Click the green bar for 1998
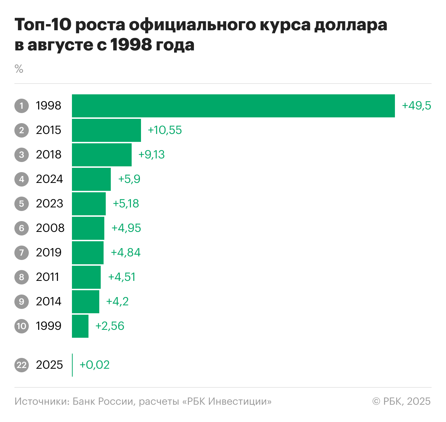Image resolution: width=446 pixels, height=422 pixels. [x=233, y=106]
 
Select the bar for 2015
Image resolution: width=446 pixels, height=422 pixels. [x=106, y=130]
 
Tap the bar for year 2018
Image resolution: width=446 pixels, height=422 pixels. [x=102, y=155]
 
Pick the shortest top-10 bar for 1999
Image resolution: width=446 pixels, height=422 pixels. [x=80, y=326]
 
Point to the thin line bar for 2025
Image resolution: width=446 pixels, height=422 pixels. [x=72, y=365]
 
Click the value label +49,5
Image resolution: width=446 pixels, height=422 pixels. [x=416, y=106]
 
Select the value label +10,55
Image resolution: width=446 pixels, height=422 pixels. [x=165, y=130]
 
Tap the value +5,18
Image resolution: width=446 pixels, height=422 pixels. [x=126, y=204]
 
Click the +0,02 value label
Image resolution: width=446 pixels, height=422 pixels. [x=94, y=365]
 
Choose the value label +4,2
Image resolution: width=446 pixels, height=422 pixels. [x=117, y=302]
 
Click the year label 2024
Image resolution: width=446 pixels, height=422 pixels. [x=49, y=179]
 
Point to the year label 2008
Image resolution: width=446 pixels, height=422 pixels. [x=50, y=228]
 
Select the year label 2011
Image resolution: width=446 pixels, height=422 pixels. [x=47, y=277]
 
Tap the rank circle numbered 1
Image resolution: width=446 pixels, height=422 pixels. [x=22, y=106]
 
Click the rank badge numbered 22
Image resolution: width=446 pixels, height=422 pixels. [x=22, y=365]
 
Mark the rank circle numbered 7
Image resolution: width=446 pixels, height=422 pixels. [x=22, y=253]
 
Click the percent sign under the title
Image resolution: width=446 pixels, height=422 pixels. [x=19, y=69]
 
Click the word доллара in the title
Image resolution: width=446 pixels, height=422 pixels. [x=351, y=25]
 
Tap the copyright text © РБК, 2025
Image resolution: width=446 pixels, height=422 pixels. [x=401, y=401]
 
